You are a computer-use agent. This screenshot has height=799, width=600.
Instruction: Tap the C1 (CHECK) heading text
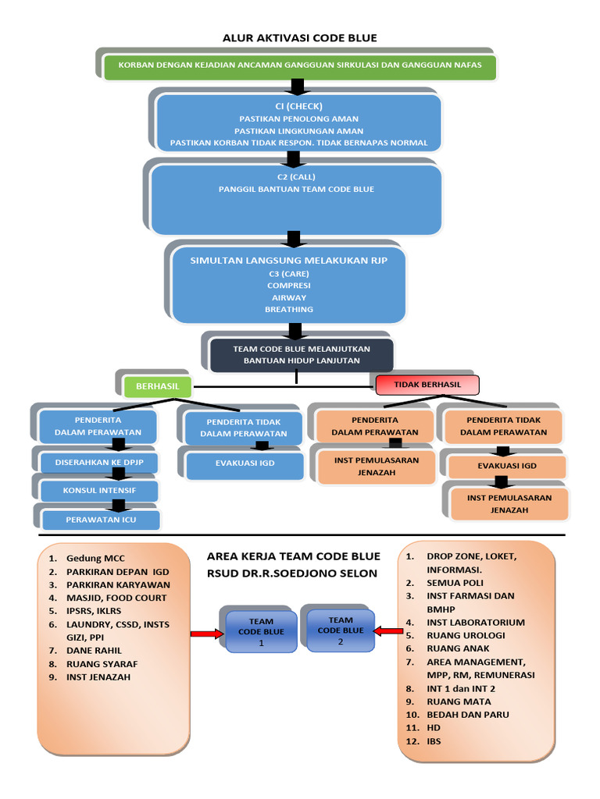298,105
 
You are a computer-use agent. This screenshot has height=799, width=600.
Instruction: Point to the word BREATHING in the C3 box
288,309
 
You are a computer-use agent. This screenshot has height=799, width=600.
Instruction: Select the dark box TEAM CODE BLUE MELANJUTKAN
302,354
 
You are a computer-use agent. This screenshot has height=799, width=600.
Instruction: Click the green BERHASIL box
158,385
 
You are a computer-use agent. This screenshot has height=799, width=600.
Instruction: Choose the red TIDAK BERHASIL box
427,385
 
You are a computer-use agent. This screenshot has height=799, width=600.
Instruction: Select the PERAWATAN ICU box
101,519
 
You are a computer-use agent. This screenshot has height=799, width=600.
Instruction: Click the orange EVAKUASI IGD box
507,466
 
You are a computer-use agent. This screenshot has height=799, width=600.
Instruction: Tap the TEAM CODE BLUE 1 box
261,632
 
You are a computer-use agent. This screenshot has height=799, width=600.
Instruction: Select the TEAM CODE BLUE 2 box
341,630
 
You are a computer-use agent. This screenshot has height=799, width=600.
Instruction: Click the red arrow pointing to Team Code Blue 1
208,634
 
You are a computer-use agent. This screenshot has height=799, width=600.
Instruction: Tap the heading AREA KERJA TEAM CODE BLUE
293,556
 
